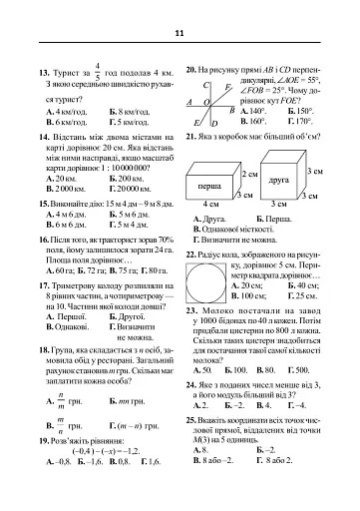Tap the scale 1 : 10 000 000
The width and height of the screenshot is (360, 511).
103,168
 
